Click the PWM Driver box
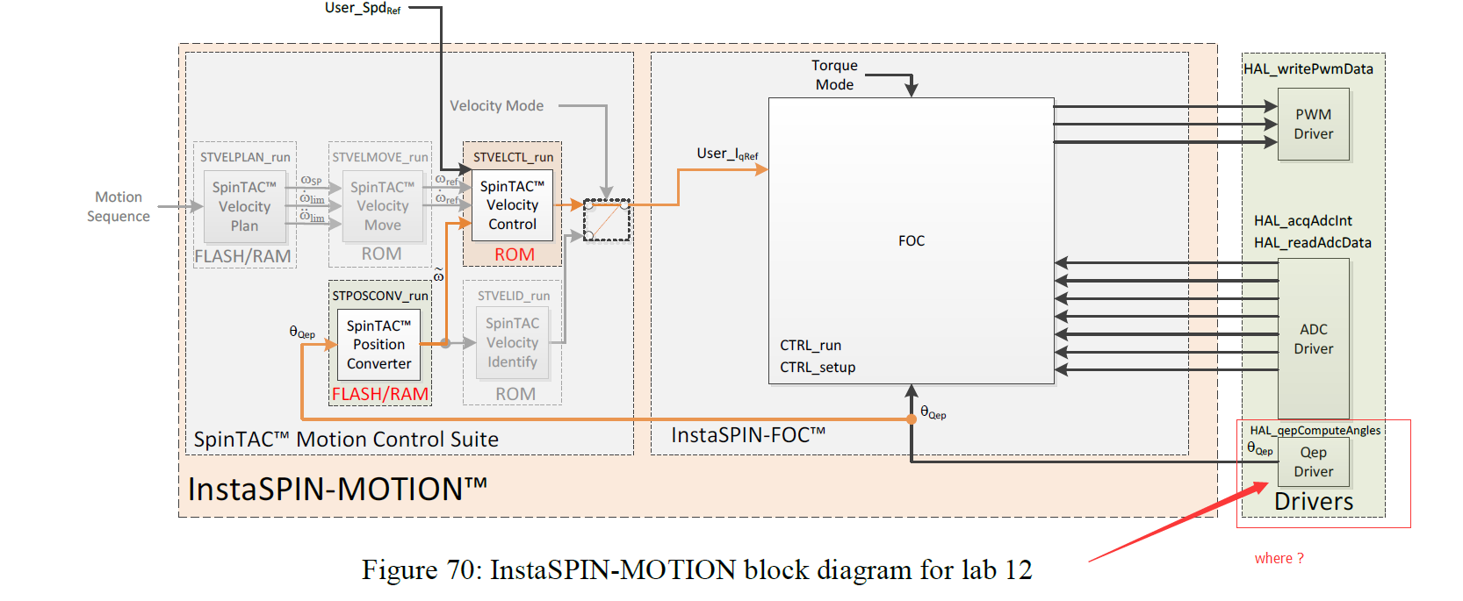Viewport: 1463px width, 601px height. coord(1313,125)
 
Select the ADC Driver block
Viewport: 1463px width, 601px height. coord(1313,339)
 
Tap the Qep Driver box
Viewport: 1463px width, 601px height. coord(1313,461)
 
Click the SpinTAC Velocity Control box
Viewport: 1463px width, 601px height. coord(512,205)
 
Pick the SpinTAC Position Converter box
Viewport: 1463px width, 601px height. coord(378,345)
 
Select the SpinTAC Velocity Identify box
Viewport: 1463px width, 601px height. coord(512,343)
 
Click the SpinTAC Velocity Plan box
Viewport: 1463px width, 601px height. coord(244,207)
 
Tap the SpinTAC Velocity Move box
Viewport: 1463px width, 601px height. coord(382,206)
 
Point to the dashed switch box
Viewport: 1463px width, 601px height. coord(607,220)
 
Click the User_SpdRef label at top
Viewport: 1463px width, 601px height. coord(362,9)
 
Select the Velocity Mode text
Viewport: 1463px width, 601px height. coord(496,106)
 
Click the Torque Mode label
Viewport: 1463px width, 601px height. coord(834,75)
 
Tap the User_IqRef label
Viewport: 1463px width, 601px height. coord(727,154)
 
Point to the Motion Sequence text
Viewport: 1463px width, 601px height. coord(119,207)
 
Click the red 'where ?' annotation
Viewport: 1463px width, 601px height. coord(1279,558)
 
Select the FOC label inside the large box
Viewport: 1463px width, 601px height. coord(911,240)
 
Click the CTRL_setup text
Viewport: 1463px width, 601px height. coord(817,367)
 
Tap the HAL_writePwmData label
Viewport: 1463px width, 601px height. coord(1308,68)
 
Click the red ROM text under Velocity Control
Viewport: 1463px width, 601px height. coord(514,254)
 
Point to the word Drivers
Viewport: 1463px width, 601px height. coord(1313,502)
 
